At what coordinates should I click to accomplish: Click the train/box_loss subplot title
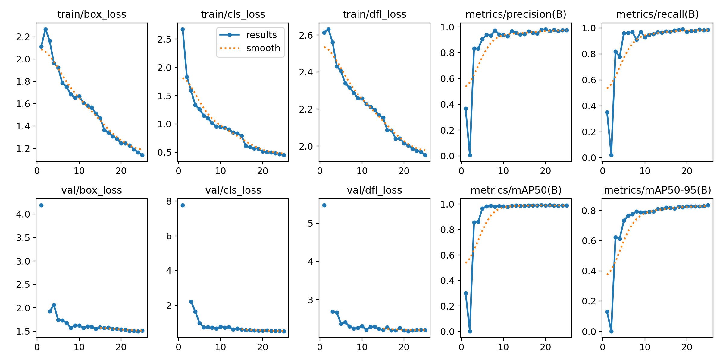pos(92,14)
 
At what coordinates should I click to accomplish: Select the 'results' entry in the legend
pos(261,35)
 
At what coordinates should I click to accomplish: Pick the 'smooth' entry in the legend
pos(263,48)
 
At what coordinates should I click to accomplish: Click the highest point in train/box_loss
pos(45,30)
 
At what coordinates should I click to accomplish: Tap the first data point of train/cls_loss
pos(183,30)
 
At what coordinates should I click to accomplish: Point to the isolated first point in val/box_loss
pos(41,205)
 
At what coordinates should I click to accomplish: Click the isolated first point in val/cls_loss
pos(183,205)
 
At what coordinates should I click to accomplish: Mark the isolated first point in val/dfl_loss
pos(324,205)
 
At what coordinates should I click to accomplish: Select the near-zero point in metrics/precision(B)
pos(470,155)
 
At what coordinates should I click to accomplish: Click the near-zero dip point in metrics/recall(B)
pos(611,155)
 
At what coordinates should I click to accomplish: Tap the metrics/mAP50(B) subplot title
pos(516,190)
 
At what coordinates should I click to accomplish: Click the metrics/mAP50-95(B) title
pos(657,190)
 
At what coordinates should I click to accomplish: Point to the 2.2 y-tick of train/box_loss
pos(23,37)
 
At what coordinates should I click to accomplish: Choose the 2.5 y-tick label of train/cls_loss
pos(164,39)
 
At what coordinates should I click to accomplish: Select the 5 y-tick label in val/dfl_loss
pos(310,224)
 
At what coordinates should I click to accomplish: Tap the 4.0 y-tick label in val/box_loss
pos(23,214)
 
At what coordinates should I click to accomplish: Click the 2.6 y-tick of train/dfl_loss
pos(306,35)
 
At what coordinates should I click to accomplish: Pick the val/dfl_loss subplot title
pos(374,190)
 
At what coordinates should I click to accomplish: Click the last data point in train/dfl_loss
pos(425,155)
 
